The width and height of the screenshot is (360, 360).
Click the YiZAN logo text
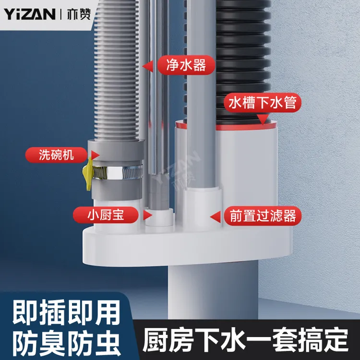[x=29, y=14]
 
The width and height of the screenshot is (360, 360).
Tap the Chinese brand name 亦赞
[x=79, y=14]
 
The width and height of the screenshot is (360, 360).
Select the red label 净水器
[x=186, y=65]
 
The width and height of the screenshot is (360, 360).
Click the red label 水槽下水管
[x=263, y=103]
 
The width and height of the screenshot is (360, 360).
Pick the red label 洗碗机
[x=56, y=155]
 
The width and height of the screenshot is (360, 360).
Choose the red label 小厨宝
[x=106, y=215]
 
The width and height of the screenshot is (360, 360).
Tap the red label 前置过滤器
[x=263, y=216]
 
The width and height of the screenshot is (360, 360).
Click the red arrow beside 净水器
[x=148, y=66]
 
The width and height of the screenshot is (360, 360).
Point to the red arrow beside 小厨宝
[x=148, y=216]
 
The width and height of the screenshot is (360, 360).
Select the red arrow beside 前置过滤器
[x=216, y=217]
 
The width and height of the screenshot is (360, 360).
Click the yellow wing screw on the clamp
[x=88, y=174]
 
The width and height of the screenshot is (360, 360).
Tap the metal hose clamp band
[x=118, y=173]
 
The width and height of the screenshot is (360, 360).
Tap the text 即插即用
[x=66, y=312]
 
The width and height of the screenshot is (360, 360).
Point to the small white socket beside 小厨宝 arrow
[x=159, y=217]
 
